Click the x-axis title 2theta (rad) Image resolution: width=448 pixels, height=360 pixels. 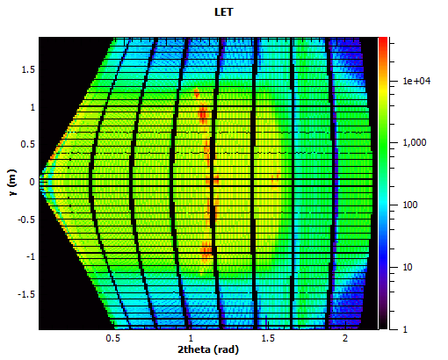coord(209,349)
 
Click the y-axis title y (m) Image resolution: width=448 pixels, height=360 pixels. coord(12,183)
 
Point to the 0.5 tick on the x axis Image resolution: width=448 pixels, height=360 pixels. coord(112,337)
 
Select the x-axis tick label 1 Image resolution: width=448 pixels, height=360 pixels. coord(190,337)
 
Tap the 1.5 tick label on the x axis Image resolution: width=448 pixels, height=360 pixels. coord(267,337)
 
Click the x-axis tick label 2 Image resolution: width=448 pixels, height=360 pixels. coord(344,337)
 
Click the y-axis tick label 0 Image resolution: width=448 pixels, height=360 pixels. coord(32,182)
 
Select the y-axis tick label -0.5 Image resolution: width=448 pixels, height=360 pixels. coord(25,220)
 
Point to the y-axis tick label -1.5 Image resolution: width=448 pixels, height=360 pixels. coord(25,295)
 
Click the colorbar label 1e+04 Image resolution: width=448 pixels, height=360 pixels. coord(415,81)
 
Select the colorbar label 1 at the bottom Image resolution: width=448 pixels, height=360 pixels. coord(404,328)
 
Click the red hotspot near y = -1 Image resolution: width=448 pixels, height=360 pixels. coord(206,252)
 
